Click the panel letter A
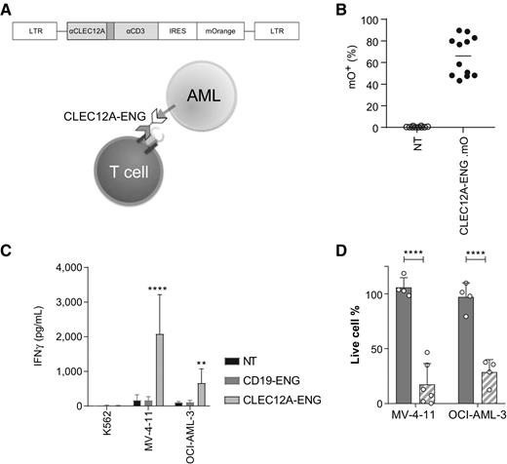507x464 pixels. point(8,10)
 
